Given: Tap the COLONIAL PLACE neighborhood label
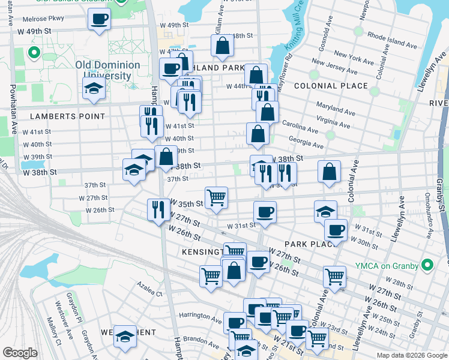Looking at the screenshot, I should tap(331, 86).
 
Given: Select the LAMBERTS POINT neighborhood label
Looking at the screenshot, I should tap(70, 116).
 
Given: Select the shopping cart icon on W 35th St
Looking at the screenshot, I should tap(216, 197).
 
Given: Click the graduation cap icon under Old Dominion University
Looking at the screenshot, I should tap(93, 89).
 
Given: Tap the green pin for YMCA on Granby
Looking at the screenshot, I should tap(428, 263).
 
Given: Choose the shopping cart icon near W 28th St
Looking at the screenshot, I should tap(334, 277).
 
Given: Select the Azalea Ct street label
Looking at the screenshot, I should tap(149, 293).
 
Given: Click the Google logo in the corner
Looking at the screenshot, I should tap(20, 353).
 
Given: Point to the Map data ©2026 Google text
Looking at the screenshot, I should tap(411, 355).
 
